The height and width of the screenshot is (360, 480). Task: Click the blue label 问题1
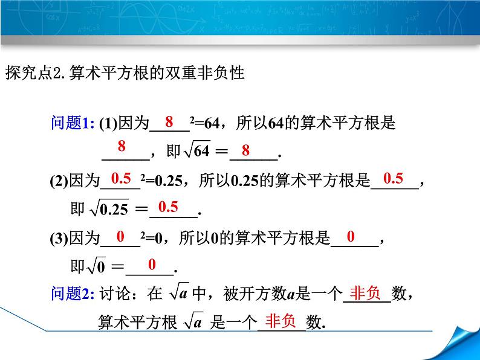[x=71, y=124]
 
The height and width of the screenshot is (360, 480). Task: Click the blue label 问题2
[x=71, y=294]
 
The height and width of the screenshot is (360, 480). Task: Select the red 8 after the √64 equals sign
[x=245, y=150]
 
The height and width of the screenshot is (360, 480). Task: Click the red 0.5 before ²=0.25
[x=121, y=178]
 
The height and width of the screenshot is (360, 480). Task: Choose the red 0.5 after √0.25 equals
[x=168, y=207]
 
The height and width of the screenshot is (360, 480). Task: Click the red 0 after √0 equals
[x=152, y=264]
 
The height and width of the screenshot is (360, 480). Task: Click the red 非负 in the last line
[x=281, y=320]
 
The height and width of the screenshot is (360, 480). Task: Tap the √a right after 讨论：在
[x=177, y=294]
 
